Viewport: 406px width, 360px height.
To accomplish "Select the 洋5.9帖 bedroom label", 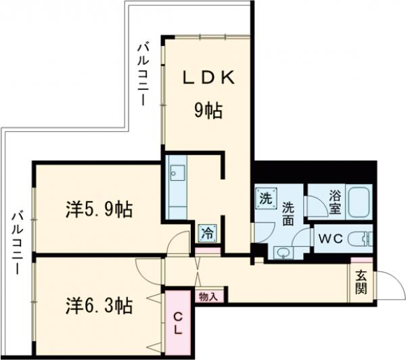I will (x=99, y=210).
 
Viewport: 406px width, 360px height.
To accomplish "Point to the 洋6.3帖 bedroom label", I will (x=99, y=306).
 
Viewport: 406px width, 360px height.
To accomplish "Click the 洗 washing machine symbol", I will (x=267, y=199).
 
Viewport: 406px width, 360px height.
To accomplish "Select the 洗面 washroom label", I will (x=289, y=213).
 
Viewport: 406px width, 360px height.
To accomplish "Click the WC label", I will (x=332, y=239).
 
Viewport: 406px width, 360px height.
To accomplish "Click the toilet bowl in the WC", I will (x=363, y=239).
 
